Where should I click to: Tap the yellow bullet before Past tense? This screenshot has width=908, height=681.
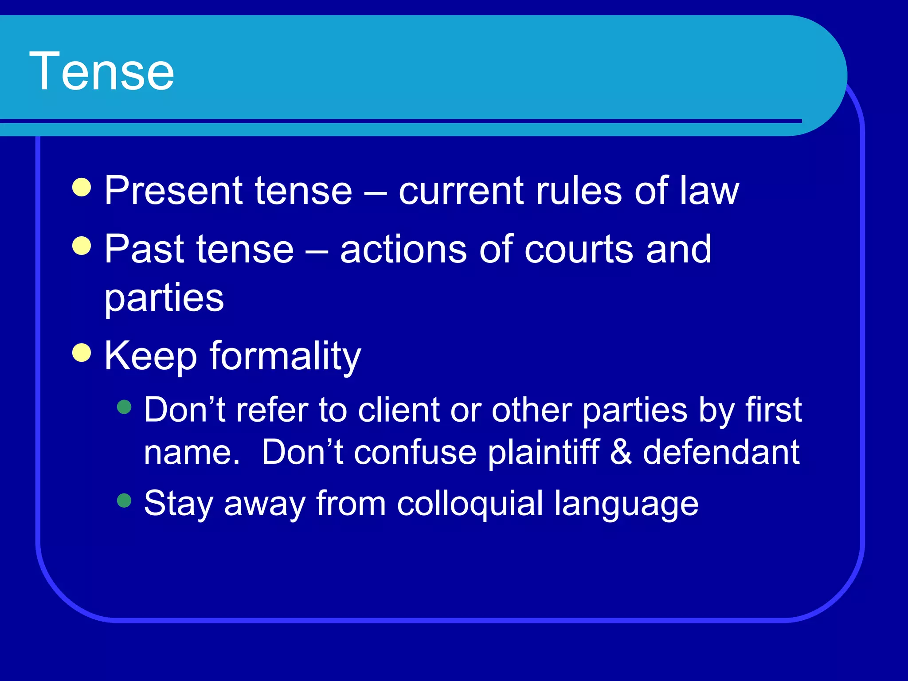pyautogui.click(x=82, y=246)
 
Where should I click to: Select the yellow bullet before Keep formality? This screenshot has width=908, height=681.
pyautogui.click(x=82, y=353)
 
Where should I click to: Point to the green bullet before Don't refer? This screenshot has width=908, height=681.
pyautogui.click(x=125, y=407)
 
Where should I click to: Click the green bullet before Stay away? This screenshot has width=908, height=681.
pyautogui.click(x=125, y=501)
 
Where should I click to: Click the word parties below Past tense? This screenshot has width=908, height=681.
pyautogui.click(x=164, y=298)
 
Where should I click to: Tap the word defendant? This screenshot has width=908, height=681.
pyautogui.click(x=721, y=452)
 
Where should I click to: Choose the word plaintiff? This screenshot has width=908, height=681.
pyautogui.click(x=544, y=452)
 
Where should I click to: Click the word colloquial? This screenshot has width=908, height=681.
pyautogui.click(x=470, y=504)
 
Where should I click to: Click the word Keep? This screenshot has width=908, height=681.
pyautogui.click(x=151, y=356)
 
